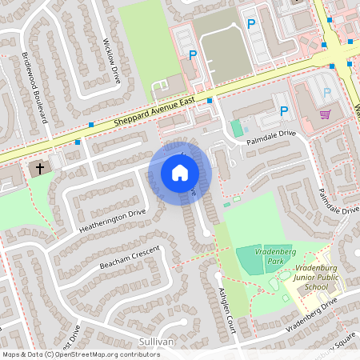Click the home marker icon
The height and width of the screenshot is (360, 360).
(x=179, y=173)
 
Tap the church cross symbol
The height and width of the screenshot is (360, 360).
(x=38, y=169)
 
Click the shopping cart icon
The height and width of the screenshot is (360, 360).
(x=324, y=114)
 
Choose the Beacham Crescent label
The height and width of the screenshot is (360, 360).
(x=130, y=257)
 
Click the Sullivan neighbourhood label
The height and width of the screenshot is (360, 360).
(x=156, y=341)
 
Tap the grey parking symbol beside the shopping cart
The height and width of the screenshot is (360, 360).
(x=326, y=93)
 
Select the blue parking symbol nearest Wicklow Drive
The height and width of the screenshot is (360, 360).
(x=192, y=54)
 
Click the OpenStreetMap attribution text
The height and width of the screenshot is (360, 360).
(x=81, y=354)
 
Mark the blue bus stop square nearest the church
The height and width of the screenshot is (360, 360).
(x=78, y=142)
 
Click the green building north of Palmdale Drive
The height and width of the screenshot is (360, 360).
(x=236, y=126)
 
